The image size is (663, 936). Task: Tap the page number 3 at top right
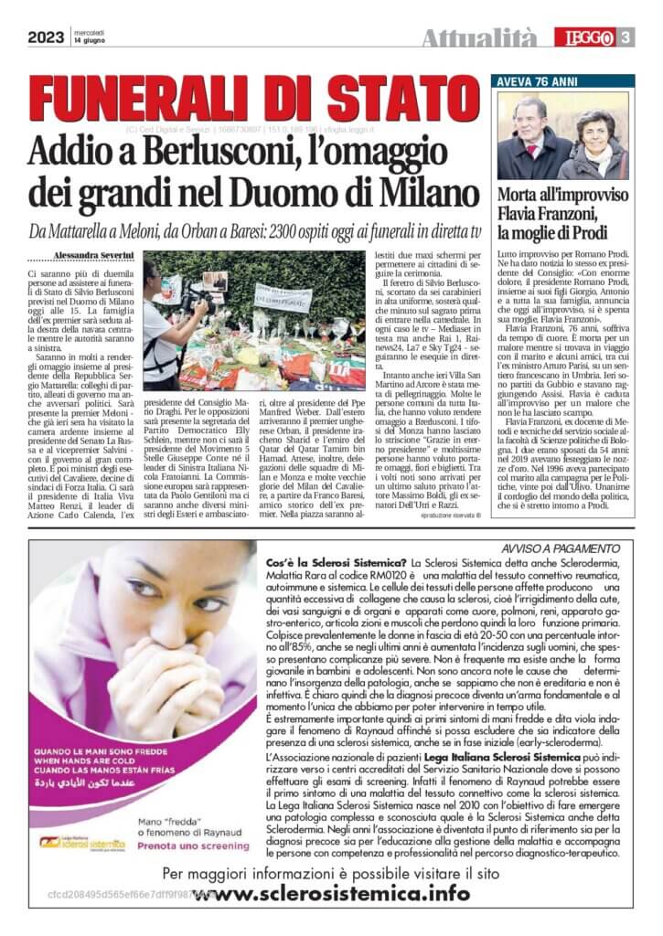click(x=627, y=37)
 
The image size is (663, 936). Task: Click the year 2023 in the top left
click(x=45, y=37)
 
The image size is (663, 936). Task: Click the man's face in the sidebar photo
click(x=531, y=114)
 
